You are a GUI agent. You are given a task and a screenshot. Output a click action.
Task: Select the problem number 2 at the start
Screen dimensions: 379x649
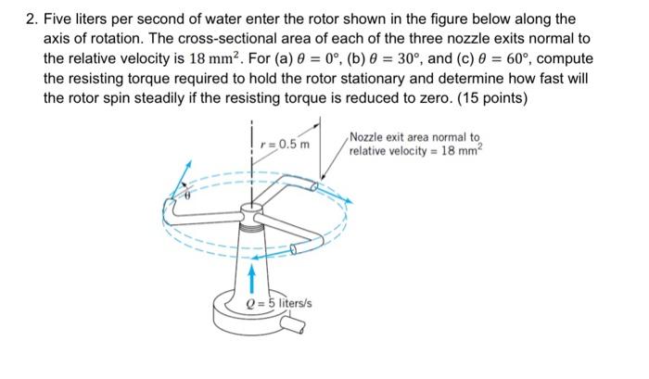31,19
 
